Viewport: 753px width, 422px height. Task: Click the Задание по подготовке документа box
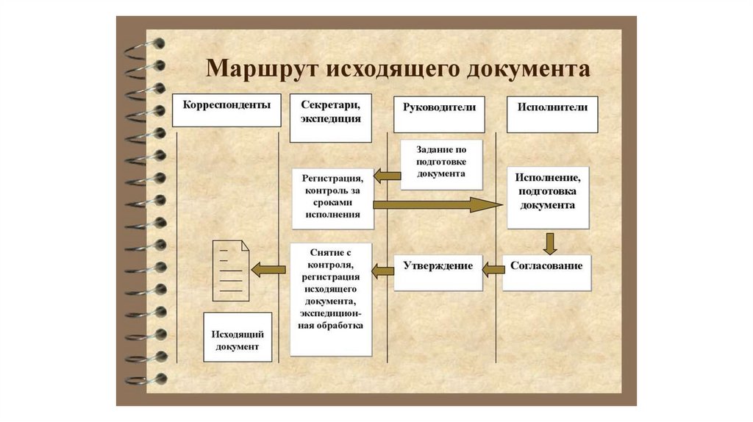point(441,164)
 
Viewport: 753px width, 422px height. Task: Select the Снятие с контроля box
point(332,298)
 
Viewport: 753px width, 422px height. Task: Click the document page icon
point(230,271)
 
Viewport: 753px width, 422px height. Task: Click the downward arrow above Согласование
point(549,244)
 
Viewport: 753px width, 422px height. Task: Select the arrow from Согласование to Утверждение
point(493,271)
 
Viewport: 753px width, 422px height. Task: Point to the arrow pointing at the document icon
point(268,270)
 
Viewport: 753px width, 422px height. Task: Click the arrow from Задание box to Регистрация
point(387,175)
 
